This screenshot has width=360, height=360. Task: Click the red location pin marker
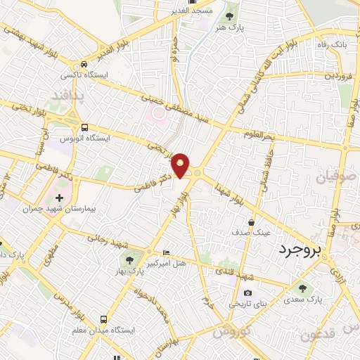(x=181, y=165)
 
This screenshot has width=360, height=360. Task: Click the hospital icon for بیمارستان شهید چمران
(x=59, y=198)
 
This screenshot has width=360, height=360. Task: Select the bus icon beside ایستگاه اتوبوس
(x=85, y=128)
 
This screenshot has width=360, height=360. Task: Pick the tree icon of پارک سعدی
(x=302, y=288)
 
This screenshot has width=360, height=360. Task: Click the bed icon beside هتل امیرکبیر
(x=166, y=252)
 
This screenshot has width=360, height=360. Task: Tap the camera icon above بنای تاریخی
(x=247, y=293)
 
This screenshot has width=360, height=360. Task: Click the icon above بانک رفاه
(x=330, y=33)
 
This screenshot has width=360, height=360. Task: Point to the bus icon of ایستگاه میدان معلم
(x=104, y=319)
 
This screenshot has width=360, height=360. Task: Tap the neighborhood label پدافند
(x=70, y=95)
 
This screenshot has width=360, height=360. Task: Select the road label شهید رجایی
(x=108, y=240)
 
